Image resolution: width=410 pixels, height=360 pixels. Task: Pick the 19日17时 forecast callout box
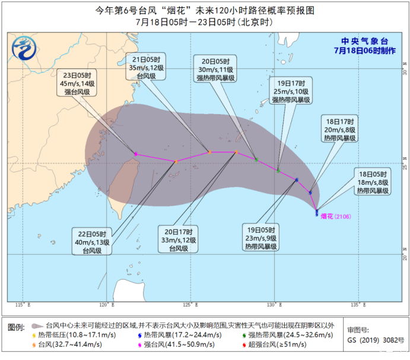[290, 91]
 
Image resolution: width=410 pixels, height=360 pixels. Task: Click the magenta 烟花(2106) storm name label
[336, 216]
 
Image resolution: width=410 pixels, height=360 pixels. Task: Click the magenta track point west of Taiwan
[136, 154]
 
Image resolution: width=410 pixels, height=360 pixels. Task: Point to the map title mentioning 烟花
[205, 10]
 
